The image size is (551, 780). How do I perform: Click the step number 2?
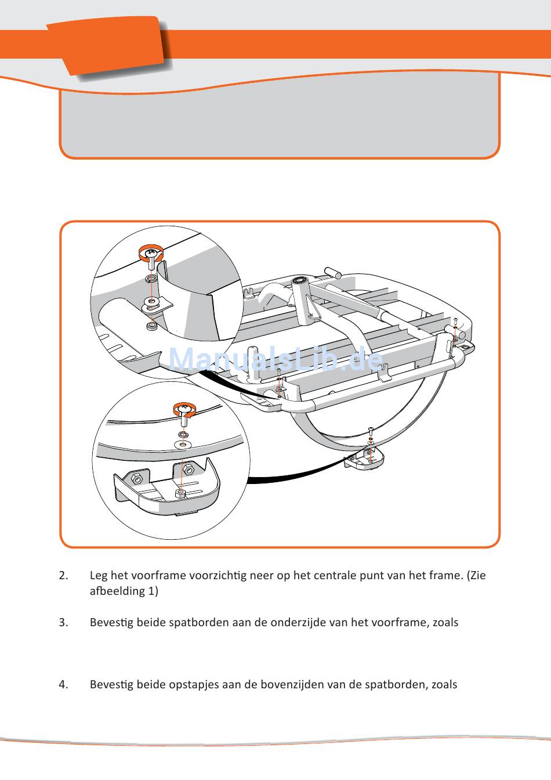tap(63, 576)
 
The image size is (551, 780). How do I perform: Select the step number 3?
tap(63, 623)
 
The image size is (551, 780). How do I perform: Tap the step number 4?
tap(63, 685)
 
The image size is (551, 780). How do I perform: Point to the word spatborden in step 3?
tap(198, 623)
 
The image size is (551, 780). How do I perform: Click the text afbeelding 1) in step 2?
tap(124, 591)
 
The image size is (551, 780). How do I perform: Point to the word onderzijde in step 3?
tap(298, 623)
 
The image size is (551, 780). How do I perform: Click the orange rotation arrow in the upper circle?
tap(150, 252)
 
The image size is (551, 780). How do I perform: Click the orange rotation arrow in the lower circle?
tap(184, 409)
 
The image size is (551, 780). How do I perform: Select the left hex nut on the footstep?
tap(137, 479)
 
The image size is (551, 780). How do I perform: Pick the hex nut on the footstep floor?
tap(180, 493)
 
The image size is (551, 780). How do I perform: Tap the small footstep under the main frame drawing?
tap(364, 458)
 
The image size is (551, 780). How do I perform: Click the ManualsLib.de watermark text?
tap(275, 360)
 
